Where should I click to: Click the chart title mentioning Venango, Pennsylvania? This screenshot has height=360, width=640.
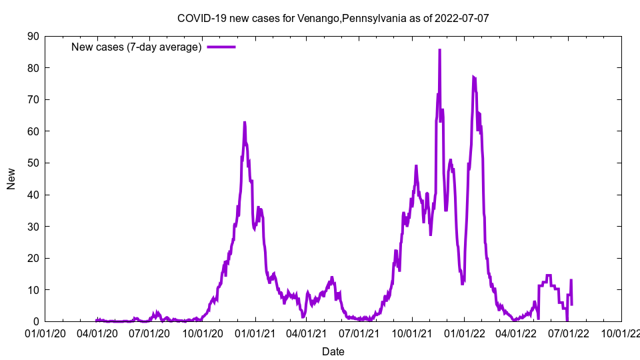(x=333, y=18)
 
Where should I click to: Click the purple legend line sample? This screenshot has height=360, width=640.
(x=221, y=47)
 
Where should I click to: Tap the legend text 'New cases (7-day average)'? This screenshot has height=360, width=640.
(x=137, y=47)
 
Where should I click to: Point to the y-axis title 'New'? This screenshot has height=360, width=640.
(x=11, y=179)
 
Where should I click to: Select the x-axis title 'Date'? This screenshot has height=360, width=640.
(x=333, y=351)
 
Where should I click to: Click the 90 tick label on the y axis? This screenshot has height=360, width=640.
(x=33, y=36)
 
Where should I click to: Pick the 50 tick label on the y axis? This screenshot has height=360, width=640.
(x=33, y=163)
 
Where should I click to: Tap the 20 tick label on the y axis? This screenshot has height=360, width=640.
(x=33, y=258)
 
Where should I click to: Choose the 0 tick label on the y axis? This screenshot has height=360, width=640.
(x=35, y=321)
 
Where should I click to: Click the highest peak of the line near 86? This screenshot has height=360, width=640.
(x=439, y=50)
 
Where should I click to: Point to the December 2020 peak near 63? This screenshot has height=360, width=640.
(x=245, y=123)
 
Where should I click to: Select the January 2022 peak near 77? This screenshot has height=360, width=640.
(x=473, y=77)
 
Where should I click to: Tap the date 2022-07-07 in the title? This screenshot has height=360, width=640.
(x=461, y=18)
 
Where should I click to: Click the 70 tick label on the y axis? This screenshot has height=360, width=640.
(x=33, y=99)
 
